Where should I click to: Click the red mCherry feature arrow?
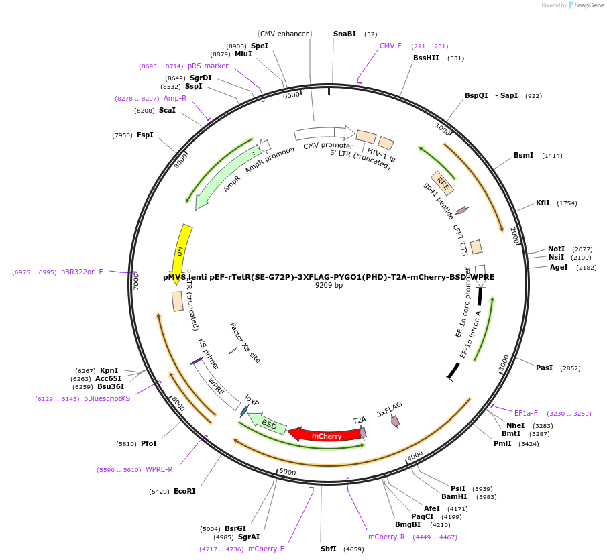tap(319, 435)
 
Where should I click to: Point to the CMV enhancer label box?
tap(284, 34)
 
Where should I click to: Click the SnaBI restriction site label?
tap(345, 34)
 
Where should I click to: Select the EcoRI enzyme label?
tap(184, 491)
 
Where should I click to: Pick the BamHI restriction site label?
tap(454, 496)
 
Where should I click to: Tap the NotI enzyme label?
tap(556, 249)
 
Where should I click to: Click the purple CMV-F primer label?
tap(390, 46)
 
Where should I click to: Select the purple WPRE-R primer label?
tap(159, 469)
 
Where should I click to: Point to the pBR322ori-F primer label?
tap(82, 272)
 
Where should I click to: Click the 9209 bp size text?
tap(329, 285)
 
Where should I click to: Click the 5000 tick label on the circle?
tap(287, 472)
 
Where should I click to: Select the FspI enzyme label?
tap(145, 135)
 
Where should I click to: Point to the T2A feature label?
tap(360, 420)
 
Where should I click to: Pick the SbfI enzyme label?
tap(329, 549)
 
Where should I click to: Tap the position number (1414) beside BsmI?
tap(553, 156)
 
